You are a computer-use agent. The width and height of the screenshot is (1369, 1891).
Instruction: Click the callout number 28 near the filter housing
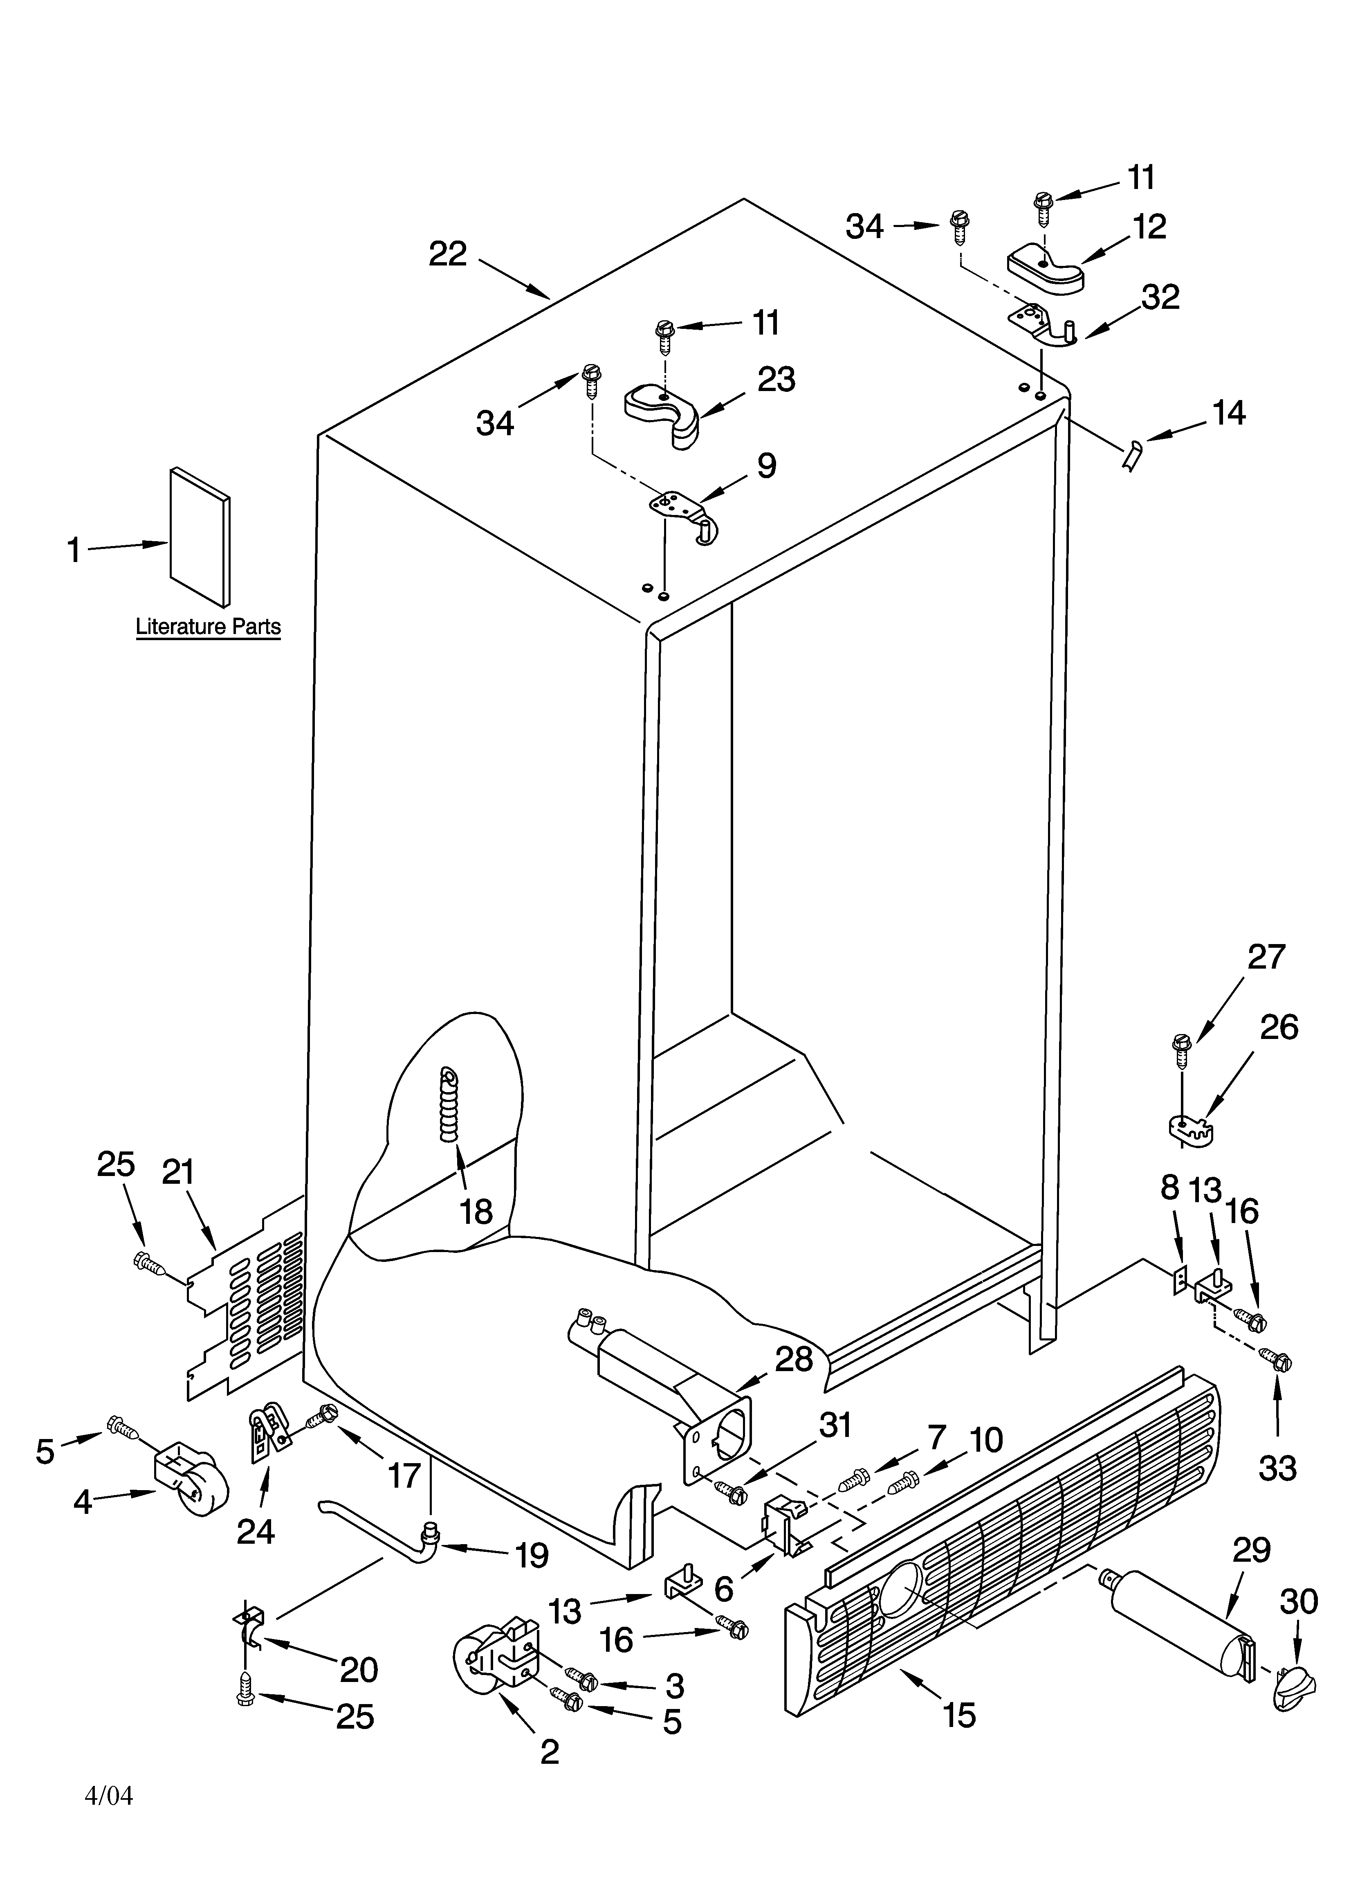[x=794, y=1359]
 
